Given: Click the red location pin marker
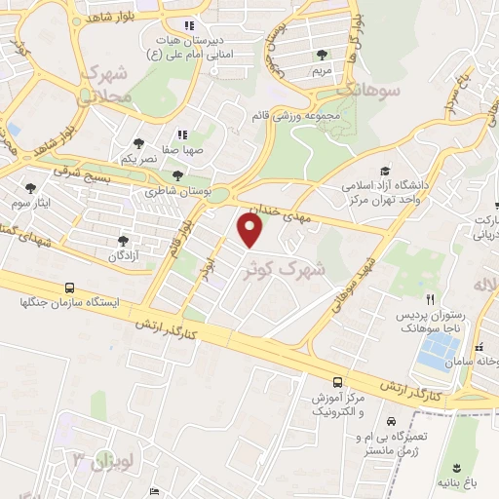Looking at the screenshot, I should click(x=251, y=230).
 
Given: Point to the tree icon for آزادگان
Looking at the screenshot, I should click(x=122, y=240).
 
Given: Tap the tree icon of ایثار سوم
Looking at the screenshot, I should click(x=32, y=188).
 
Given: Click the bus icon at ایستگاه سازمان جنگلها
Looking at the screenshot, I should click(x=69, y=288).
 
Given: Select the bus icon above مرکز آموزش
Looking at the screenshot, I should click(x=336, y=381).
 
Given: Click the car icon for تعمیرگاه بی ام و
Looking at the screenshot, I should click(x=391, y=422).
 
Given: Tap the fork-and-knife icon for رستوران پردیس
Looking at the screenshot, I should click(x=430, y=299).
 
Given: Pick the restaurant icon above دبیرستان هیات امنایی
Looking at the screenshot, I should click(x=189, y=25).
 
